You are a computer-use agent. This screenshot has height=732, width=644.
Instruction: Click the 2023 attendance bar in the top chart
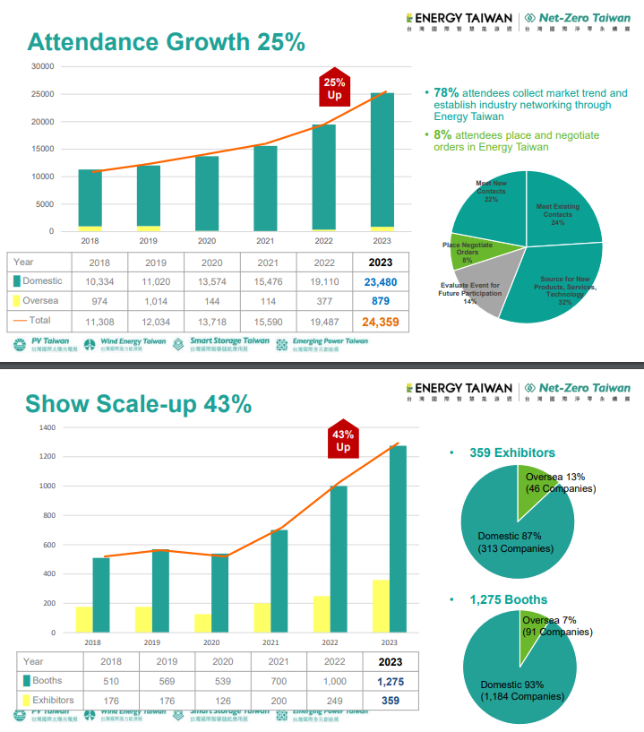click(x=382, y=161)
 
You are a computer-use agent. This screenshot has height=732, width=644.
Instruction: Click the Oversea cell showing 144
click(x=211, y=301)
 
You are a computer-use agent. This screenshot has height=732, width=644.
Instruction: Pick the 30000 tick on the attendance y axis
click(x=41, y=66)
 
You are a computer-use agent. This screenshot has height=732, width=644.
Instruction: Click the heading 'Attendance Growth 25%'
click(x=166, y=42)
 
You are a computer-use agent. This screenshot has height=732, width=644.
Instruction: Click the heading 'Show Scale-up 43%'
click(x=138, y=404)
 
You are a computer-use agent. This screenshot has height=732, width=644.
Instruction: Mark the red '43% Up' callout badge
click(x=343, y=440)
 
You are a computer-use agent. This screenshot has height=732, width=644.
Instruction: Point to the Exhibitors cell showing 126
click(x=211, y=701)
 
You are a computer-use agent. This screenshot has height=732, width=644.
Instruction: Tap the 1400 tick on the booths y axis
click(x=47, y=428)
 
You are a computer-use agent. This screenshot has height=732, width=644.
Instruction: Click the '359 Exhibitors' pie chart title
click(x=511, y=453)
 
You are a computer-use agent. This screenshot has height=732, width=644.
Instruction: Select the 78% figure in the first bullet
click(x=446, y=92)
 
